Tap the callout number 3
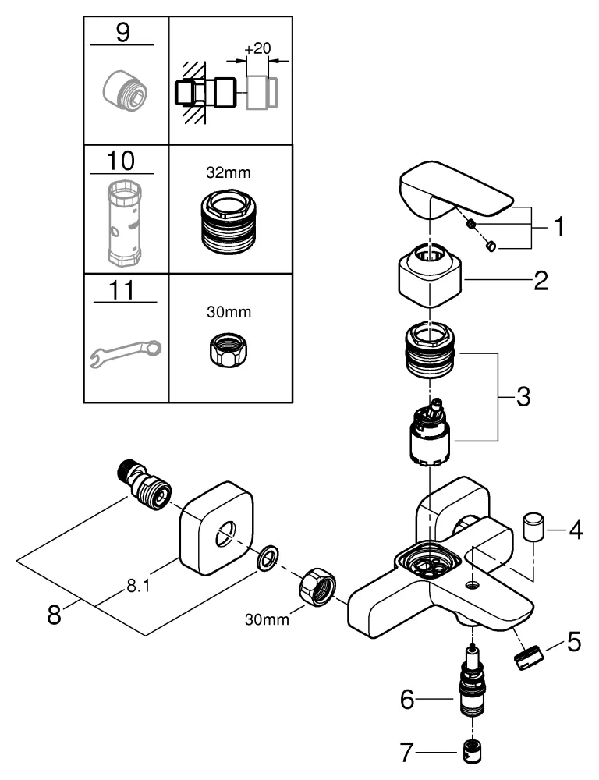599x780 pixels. coord(523,397)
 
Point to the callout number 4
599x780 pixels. coord(576,533)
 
